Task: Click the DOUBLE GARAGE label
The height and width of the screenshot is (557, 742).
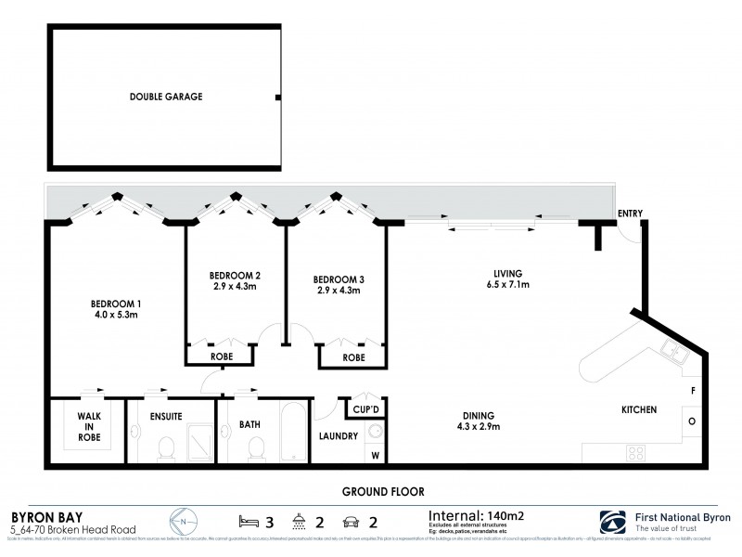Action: click(x=166, y=96)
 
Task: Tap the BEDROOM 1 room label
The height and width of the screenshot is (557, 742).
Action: click(x=115, y=304)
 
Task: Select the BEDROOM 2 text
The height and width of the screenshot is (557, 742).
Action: click(x=234, y=275)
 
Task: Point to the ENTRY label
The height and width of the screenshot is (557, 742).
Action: click(x=630, y=214)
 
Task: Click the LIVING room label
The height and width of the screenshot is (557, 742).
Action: click(x=507, y=274)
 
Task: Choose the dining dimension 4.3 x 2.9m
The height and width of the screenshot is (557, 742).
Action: click(x=480, y=428)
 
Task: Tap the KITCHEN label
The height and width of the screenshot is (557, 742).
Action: click(x=639, y=409)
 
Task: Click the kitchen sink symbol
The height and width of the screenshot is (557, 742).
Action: click(x=672, y=353)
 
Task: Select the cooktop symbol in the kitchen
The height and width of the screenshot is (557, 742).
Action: click(x=637, y=452)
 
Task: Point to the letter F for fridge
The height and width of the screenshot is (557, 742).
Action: click(x=693, y=391)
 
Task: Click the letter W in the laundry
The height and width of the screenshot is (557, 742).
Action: click(x=376, y=455)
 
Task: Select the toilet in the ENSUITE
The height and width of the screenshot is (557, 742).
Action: click(x=168, y=449)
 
